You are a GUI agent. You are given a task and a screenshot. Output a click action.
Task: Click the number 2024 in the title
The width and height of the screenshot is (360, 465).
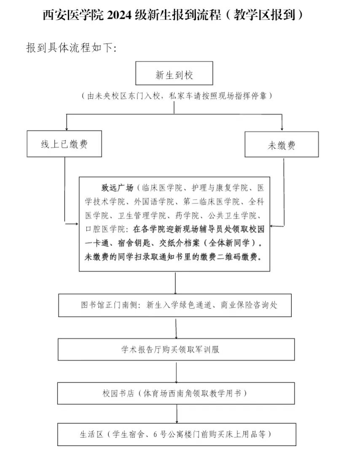point(120,15)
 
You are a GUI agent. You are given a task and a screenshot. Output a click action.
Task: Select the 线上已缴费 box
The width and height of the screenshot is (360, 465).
point(64,144)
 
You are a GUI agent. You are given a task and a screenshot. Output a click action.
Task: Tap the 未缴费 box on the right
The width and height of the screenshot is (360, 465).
point(281,146)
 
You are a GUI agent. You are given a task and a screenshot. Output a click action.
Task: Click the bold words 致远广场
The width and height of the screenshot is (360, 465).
point(117,188)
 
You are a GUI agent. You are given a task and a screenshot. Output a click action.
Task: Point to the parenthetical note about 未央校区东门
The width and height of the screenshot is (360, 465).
point(177,96)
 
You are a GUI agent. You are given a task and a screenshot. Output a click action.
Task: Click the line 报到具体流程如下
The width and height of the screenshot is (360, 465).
point(71,48)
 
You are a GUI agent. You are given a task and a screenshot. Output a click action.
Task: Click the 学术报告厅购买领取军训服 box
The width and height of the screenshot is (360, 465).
point(176,350)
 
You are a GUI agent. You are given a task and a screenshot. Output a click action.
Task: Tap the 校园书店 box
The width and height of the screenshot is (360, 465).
point(176,393)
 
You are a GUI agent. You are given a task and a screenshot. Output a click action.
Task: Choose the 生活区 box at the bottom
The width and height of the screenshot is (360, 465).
point(176,434)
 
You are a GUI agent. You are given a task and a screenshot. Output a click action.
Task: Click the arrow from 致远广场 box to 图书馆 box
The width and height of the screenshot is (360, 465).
point(175,283)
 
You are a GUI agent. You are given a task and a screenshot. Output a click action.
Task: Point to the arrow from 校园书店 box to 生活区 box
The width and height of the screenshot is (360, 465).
point(176,414)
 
